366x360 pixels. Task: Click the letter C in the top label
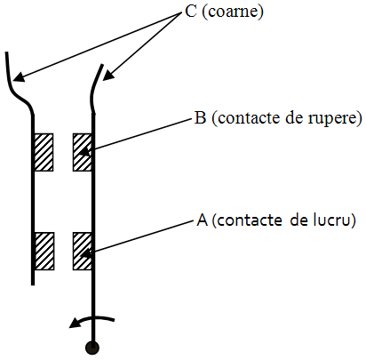191,12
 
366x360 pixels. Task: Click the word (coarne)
233,12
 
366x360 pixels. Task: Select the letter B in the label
200,117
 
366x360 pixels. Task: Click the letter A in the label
203,220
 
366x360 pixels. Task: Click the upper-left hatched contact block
44,152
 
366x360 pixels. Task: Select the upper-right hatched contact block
83,152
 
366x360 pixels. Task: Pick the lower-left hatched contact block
44,252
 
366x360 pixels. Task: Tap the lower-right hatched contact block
83,252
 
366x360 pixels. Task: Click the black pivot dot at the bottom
92,348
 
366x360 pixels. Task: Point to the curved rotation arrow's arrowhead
76,323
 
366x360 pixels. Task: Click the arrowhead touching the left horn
19,77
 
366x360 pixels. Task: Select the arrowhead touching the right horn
108,76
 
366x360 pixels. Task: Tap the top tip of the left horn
6,52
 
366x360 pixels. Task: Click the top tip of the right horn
102,65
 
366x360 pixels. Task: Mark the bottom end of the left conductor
33,284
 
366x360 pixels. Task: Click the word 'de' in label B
296,117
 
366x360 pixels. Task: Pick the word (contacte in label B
247,118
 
